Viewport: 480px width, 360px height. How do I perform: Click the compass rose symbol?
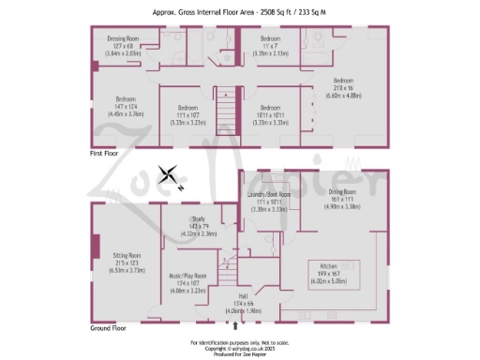[x=170, y=175]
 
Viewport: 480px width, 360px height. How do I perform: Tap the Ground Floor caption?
[x=110, y=329]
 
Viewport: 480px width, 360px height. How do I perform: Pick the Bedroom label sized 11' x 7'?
[x=275, y=39]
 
